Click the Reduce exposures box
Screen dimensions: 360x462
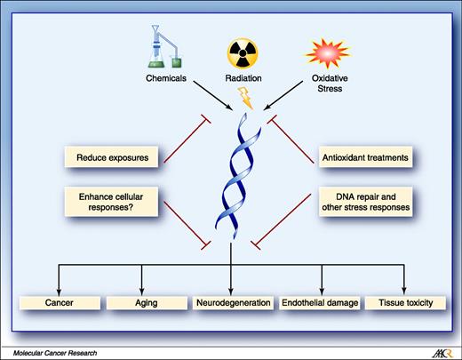(117, 159)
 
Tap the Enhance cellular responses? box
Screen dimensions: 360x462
(117, 201)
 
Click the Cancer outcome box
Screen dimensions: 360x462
(60, 303)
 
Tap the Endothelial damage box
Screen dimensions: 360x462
(321, 303)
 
